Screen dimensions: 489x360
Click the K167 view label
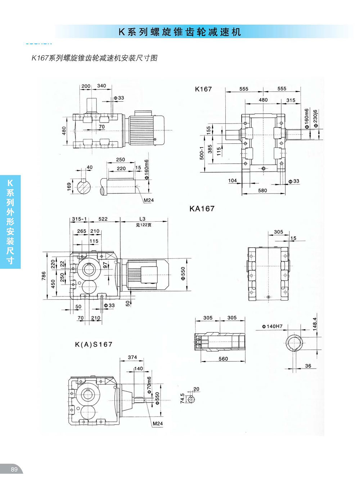203,89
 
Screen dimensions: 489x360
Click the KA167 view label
202,209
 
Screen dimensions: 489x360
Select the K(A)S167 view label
94,344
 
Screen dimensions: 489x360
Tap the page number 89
14,469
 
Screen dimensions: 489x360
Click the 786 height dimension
44,276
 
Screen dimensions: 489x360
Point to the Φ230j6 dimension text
316,119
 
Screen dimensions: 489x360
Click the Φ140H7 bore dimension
272,326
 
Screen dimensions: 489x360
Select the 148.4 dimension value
315,324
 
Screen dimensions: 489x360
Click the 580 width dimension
263,190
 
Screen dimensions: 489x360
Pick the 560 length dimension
223,359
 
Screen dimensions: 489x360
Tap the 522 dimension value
103,219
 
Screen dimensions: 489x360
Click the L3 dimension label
143,219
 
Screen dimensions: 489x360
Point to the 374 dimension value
132,357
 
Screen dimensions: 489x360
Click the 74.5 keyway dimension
183,398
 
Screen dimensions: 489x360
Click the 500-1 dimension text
202,153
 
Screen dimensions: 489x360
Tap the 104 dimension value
233,181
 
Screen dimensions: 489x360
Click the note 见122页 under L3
144,225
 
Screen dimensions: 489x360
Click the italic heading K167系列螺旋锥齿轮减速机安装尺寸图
94,58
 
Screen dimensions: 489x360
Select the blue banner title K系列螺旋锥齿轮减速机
180,32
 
